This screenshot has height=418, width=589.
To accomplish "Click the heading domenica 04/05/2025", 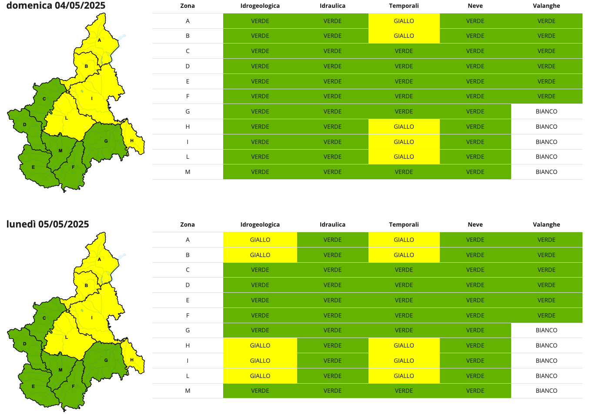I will pos(56,6).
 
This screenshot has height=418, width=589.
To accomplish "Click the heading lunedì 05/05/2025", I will pos(47,224).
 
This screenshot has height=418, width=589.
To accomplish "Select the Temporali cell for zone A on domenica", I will pos(404,21).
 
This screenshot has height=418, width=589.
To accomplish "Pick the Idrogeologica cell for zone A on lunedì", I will pos(260,240).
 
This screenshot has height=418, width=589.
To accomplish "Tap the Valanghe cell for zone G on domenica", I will pos(546,111).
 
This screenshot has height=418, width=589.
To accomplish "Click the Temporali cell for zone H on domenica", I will pos(404,127).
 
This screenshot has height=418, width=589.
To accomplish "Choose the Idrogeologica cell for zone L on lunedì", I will pos(260,376).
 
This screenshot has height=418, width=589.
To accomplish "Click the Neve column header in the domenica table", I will pos(475,6).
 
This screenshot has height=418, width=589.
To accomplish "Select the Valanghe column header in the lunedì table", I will pos(546,224).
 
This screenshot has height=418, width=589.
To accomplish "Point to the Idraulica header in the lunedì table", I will pos(332,224).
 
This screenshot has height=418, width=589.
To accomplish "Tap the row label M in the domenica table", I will pos(187,172).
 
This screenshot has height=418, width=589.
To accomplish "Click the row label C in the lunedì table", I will pos(187,270).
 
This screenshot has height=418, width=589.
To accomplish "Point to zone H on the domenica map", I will pos(132,140).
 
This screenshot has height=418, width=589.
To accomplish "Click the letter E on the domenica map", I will pos(33,167).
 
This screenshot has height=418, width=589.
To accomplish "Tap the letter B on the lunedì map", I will pos(87,285).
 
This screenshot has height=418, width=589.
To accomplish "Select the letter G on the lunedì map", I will pos(106,360).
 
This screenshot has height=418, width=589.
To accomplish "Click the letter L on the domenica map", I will pos(67,118).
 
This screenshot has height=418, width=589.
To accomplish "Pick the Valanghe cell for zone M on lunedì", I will pos(546,391).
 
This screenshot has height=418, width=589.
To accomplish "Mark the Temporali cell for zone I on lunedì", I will pos(404,361).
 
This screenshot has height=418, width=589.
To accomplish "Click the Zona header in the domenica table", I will pos(187,6).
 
